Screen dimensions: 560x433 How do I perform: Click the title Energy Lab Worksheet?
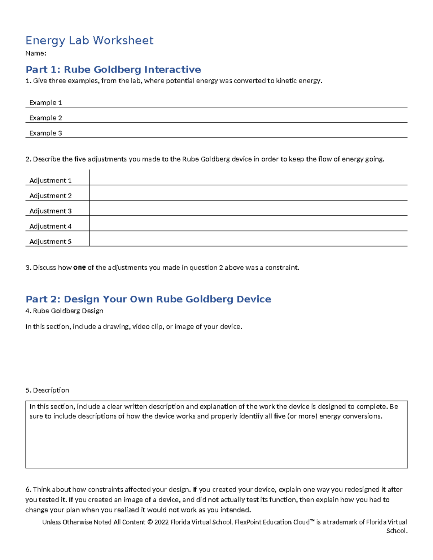(x=89, y=40)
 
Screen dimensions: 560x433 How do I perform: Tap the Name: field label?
(x=36, y=53)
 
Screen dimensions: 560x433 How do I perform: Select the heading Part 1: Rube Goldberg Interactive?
(x=113, y=69)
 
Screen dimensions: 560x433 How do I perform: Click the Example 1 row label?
(x=45, y=103)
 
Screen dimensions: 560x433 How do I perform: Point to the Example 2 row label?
(x=45, y=118)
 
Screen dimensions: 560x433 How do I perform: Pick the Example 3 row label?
(x=45, y=133)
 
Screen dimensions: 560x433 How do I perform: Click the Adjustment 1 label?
(x=51, y=180)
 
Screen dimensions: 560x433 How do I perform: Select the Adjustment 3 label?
(x=51, y=211)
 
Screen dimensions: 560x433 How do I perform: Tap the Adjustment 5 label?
(x=51, y=242)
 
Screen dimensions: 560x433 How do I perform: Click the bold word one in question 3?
(x=79, y=268)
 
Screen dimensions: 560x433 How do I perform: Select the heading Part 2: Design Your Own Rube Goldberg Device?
(x=148, y=299)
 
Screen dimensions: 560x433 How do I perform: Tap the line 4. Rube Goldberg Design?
(x=65, y=311)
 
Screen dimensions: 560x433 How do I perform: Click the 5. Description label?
(x=47, y=390)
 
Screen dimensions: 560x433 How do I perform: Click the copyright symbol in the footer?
(x=150, y=522)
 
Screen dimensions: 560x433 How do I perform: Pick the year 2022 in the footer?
(x=161, y=522)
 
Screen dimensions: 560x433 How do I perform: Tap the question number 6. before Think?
(x=29, y=490)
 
